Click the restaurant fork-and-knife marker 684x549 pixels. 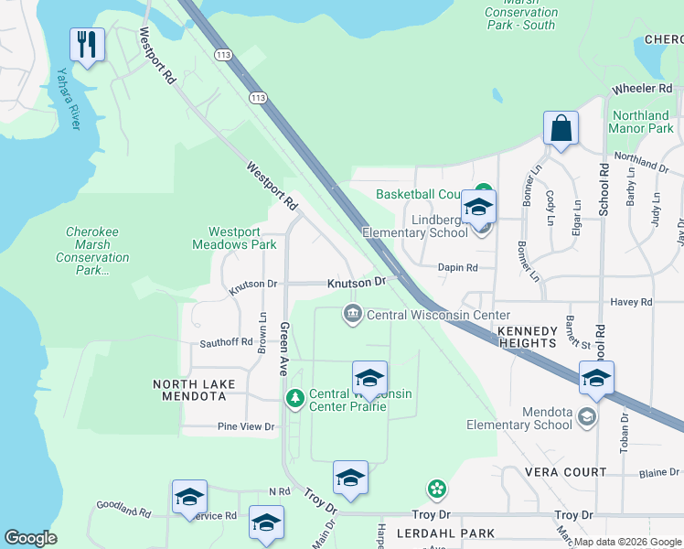[87, 44]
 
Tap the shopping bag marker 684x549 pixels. [561, 129]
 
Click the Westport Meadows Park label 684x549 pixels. [234, 238]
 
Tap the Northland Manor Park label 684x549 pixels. [642, 122]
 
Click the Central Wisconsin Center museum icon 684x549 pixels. [352, 315]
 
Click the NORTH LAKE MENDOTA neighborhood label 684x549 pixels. [194, 391]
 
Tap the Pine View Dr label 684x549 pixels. [245, 426]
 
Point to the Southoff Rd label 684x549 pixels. [226, 342]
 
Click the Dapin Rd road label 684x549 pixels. [458, 267]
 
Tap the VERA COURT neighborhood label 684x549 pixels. [565, 472]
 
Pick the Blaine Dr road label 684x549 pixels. [658, 472]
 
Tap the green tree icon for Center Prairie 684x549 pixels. [294, 397]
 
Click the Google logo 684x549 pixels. [30, 538]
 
